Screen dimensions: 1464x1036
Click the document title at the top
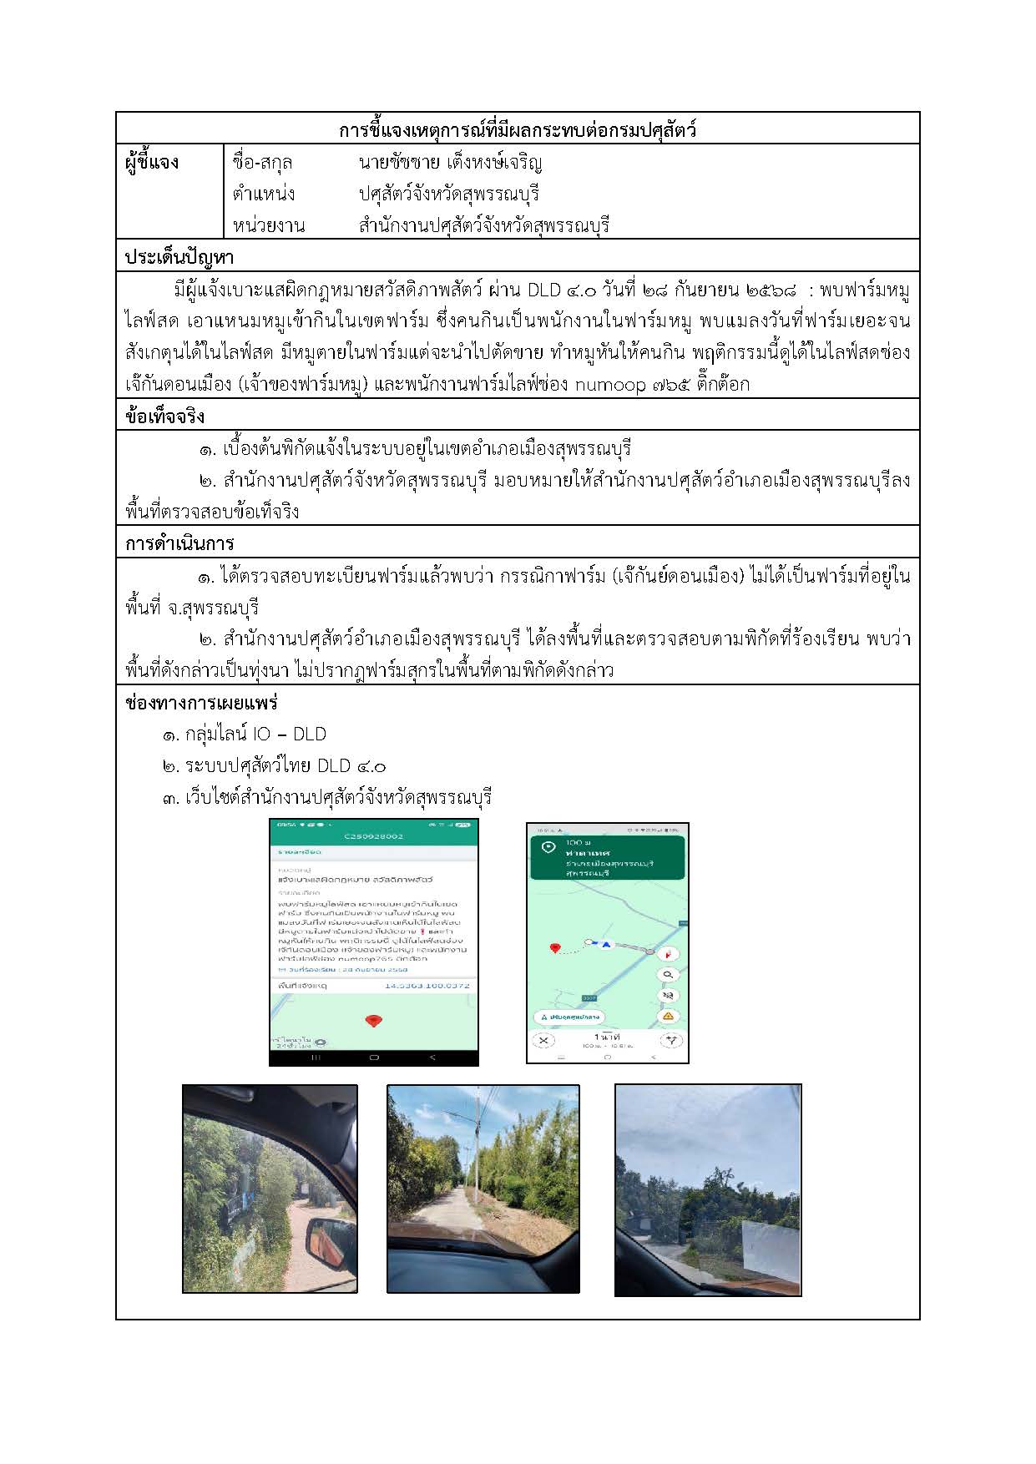518,130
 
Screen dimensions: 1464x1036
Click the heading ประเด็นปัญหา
179,256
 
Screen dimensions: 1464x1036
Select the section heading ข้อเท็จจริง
165,416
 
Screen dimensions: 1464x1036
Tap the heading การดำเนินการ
179,543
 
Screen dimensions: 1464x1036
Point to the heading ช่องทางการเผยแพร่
201,703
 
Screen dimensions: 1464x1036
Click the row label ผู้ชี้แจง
152,162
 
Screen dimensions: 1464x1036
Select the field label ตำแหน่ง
264,194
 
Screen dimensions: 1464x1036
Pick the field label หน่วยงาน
269,225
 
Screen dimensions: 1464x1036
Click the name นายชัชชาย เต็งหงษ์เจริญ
451,162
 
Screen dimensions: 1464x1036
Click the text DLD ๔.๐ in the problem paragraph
560,290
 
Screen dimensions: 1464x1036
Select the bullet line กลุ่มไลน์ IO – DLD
244,735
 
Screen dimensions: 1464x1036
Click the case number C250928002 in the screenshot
373,835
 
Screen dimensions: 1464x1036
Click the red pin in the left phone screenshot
373,1020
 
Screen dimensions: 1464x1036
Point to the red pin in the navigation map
554,948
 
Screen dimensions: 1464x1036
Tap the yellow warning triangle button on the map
668,1016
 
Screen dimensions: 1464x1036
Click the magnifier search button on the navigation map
668,974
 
